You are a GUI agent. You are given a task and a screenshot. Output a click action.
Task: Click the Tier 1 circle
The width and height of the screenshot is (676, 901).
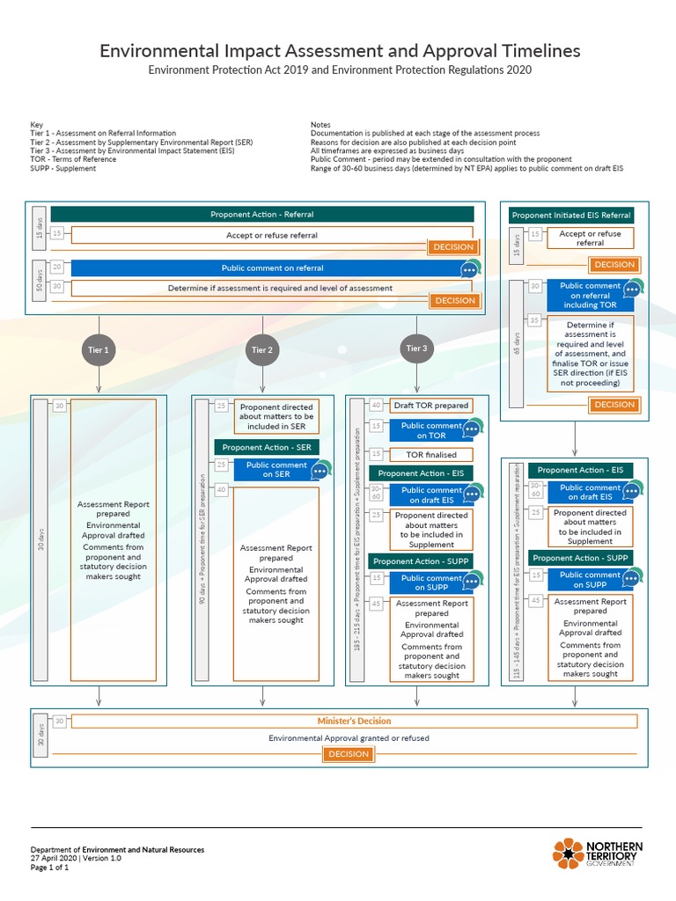click(x=99, y=349)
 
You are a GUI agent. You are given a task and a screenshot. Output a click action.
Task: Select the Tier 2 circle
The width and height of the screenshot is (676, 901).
click(x=261, y=349)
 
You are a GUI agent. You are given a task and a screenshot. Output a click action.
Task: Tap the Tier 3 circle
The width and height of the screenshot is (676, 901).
click(x=415, y=348)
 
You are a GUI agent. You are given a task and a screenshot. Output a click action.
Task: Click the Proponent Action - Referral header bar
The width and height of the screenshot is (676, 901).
click(x=261, y=214)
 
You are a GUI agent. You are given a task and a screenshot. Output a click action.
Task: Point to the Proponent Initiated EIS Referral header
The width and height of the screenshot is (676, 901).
click(x=571, y=215)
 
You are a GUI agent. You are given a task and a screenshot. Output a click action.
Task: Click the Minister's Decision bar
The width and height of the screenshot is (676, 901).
click(x=354, y=721)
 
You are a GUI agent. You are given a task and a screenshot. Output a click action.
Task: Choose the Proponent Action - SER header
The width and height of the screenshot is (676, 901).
click(x=266, y=447)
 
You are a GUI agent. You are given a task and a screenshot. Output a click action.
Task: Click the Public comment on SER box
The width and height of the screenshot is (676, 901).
click(x=276, y=470)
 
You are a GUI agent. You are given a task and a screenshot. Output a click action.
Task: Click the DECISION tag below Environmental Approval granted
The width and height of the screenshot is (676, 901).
click(x=348, y=754)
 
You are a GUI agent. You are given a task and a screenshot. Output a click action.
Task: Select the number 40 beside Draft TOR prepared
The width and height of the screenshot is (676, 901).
click(x=376, y=405)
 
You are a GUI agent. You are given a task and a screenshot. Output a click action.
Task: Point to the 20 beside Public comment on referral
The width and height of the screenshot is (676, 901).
click(x=57, y=267)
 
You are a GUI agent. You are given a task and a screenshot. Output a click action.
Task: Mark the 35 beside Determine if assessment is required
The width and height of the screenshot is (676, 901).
click(x=534, y=320)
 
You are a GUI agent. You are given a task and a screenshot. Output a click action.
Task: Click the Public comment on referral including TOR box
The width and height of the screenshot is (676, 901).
click(x=590, y=296)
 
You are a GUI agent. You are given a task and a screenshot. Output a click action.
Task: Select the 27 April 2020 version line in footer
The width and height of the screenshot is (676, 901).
click(x=76, y=858)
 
